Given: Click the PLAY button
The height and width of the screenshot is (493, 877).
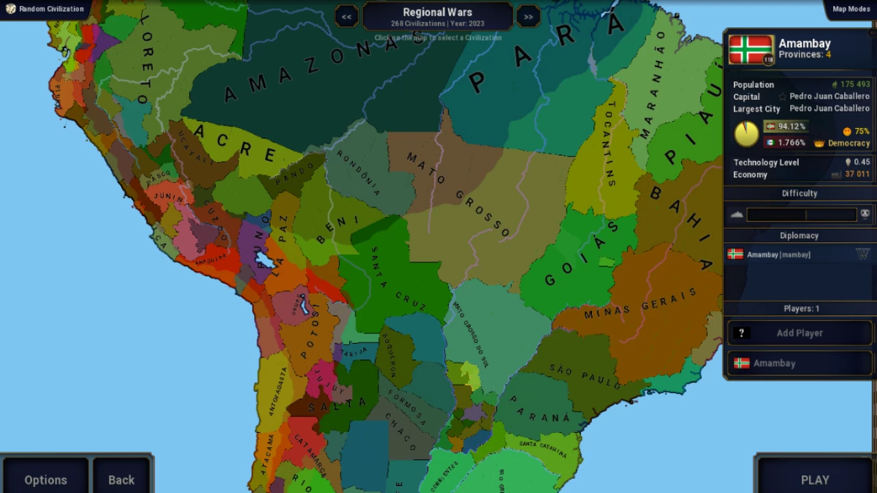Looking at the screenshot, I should click(x=815, y=479).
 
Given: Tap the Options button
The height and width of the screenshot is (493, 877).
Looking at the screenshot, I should click(x=45, y=479).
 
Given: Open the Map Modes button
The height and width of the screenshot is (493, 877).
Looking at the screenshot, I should click(x=850, y=9).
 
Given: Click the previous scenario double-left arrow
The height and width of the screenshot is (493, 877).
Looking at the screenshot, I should click(x=347, y=16).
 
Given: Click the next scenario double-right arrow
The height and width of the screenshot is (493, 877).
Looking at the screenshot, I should click(x=528, y=16).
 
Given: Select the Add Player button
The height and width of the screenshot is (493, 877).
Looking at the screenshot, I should click(x=799, y=333).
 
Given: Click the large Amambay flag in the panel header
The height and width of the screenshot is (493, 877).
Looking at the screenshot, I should click(x=751, y=50).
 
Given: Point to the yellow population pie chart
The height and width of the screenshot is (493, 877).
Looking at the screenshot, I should click(x=746, y=134).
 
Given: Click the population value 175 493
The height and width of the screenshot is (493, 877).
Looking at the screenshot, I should click(x=854, y=85).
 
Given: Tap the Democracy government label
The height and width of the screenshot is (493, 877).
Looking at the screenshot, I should click(x=848, y=143).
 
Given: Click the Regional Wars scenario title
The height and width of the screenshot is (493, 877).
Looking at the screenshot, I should click(x=437, y=12).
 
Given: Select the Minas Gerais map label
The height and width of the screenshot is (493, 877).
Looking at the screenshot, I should click(x=640, y=303).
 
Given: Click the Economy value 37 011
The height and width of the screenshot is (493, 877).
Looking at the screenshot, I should click(x=856, y=174).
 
